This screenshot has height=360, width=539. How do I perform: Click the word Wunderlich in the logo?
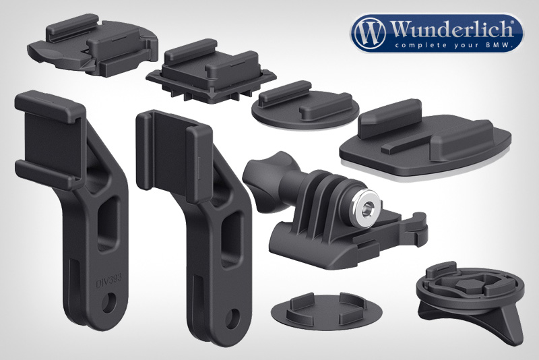pos(451,29)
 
